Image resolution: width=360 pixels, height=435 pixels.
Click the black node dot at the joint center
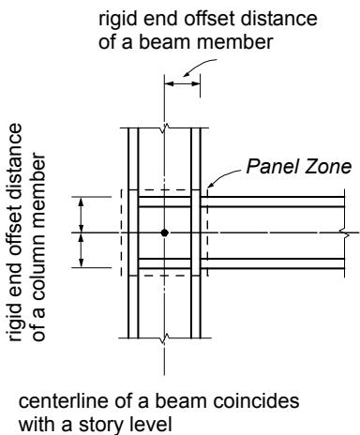pyautogui.click(x=165, y=232)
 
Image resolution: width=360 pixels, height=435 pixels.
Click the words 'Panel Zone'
pyautogui.click(x=299, y=166)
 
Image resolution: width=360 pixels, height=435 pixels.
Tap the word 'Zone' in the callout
pyautogui.click(x=328, y=166)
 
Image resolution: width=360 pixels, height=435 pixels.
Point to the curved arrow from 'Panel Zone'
pyautogui.click(x=223, y=177)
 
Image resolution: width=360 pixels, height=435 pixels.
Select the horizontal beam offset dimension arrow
pyautogui.click(x=182, y=83)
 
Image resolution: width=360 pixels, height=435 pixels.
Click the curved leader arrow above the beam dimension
pyautogui.click(x=199, y=67)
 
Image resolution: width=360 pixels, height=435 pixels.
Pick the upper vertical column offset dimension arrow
pyautogui.click(x=82, y=215)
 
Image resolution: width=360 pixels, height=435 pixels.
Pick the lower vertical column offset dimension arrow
pyautogui.click(x=82, y=250)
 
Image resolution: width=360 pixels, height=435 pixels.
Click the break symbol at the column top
pyautogui.click(x=165, y=127)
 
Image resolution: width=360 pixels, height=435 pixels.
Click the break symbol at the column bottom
pyautogui.click(x=165, y=337)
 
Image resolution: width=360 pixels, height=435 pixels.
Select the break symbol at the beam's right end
pyautogui.click(x=345, y=232)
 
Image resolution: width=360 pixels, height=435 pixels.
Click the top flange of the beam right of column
pyautogui.click(x=272, y=202)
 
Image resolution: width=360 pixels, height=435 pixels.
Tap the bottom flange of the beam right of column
pyautogui.click(x=272, y=263)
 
